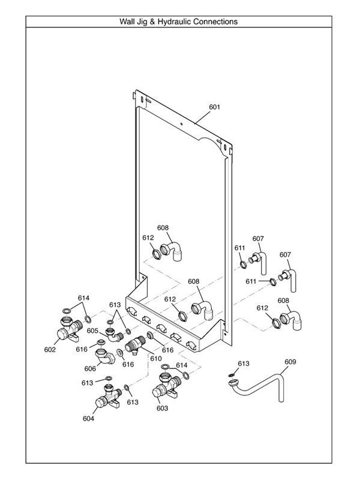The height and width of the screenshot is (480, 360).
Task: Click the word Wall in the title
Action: tap(130, 22)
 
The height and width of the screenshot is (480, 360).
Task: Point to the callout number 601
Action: tap(214, 107)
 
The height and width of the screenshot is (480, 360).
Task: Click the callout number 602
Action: tap(50, 349)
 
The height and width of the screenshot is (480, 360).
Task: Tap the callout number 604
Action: tap(88, 419)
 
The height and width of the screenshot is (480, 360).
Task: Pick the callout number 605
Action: tap(92, 331)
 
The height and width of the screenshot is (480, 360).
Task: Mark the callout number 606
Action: tap(91, 369)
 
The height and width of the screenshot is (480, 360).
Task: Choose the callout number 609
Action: tap(290, 362)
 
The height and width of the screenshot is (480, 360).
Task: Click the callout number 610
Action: tap(156, 358)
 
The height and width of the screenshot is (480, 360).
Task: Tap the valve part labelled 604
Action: tap(103, 400)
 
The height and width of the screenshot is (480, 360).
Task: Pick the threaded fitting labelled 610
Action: tap(134, 344)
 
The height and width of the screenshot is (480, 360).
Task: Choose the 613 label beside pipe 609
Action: tap(243, 364)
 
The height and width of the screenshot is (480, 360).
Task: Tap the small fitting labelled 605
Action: tap(112, 330)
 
